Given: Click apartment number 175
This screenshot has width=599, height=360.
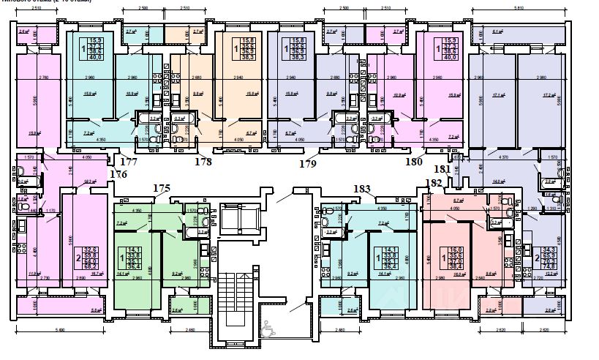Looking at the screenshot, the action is point(161,188).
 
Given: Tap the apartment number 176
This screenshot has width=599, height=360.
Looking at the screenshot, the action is point(118,174).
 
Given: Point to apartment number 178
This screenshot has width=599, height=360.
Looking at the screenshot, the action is point(203,161).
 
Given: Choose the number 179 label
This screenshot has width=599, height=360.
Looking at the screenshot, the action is point(308,164).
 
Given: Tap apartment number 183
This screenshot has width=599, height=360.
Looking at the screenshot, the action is point(362,189).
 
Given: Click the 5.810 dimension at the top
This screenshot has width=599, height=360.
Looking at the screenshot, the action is point(519,8).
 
